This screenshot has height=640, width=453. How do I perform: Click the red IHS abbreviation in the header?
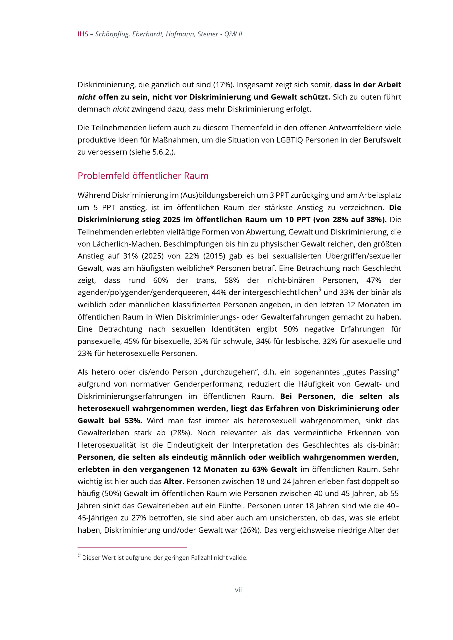point(83,34)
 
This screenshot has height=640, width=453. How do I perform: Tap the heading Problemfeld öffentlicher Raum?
point(143,176)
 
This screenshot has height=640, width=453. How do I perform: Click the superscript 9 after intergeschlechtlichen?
point(320,290)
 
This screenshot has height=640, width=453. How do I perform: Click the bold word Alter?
point(173,482)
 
